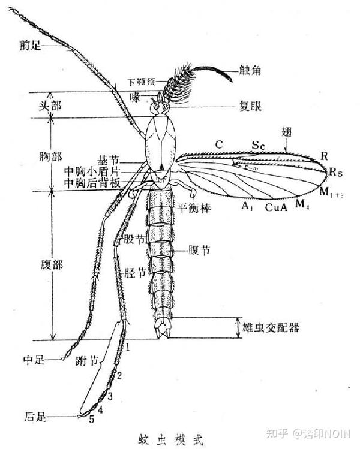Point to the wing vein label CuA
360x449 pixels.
(276, 207)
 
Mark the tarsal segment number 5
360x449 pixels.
(92, 419)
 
